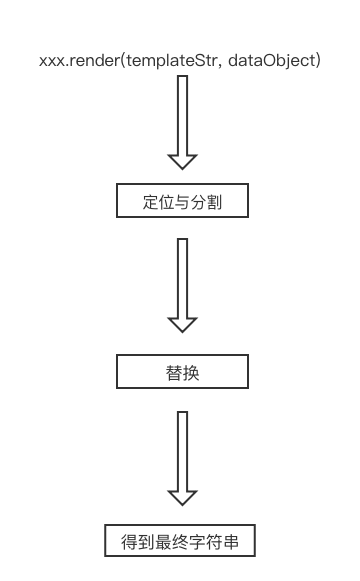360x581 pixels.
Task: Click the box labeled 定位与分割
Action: tap(181, 203)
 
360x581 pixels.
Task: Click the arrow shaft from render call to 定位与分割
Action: tap(181, 115)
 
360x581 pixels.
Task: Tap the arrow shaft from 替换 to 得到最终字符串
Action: tap(181, 450)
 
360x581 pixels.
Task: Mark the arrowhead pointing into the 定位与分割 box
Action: tap(181, 161)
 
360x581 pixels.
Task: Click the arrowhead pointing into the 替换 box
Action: tap(181, 324)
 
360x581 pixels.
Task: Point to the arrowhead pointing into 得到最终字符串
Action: tap(181, 497)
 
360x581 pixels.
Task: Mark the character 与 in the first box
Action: tap(181, 203)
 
